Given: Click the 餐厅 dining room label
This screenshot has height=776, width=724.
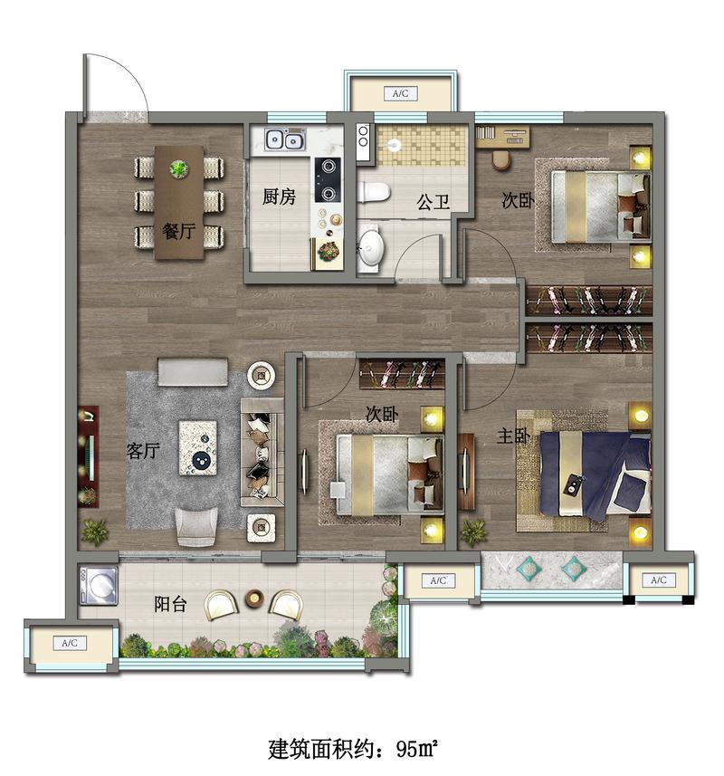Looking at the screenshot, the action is [x=178, y=231].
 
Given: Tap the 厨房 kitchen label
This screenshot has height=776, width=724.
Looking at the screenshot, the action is [x=279, y=197].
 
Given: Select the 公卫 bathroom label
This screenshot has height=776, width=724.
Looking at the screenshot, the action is [x=433, y=202].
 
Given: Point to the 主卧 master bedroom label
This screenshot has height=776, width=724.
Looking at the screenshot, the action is [x=514, y=436].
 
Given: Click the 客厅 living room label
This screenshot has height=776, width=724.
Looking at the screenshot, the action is [x=143, y=451].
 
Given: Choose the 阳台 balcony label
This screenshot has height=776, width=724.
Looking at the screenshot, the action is [x=170, y=604].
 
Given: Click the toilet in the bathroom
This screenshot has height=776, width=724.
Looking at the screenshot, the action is [x=374, y=193].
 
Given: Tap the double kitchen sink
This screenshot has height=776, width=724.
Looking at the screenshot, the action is [x=284, y=139].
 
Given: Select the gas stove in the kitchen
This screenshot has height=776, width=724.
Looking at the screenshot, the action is [x=329, y=179].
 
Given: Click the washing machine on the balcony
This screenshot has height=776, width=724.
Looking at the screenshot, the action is [x=99, y=586].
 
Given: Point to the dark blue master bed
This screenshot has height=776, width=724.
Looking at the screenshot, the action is [x=595, y=475].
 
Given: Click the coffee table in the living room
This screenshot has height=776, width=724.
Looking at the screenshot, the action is [x=198, y=448].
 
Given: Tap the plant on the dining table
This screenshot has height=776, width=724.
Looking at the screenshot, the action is [x=178, y=168].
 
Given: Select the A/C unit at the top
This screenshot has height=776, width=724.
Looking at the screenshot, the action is [x=401, y=93].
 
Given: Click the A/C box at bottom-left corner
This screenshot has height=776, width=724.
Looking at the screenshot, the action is [x=70, y=644].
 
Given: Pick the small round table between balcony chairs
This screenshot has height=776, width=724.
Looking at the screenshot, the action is [x=255, y=599].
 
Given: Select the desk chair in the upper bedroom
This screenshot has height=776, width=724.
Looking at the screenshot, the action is [x=501, y=159].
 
